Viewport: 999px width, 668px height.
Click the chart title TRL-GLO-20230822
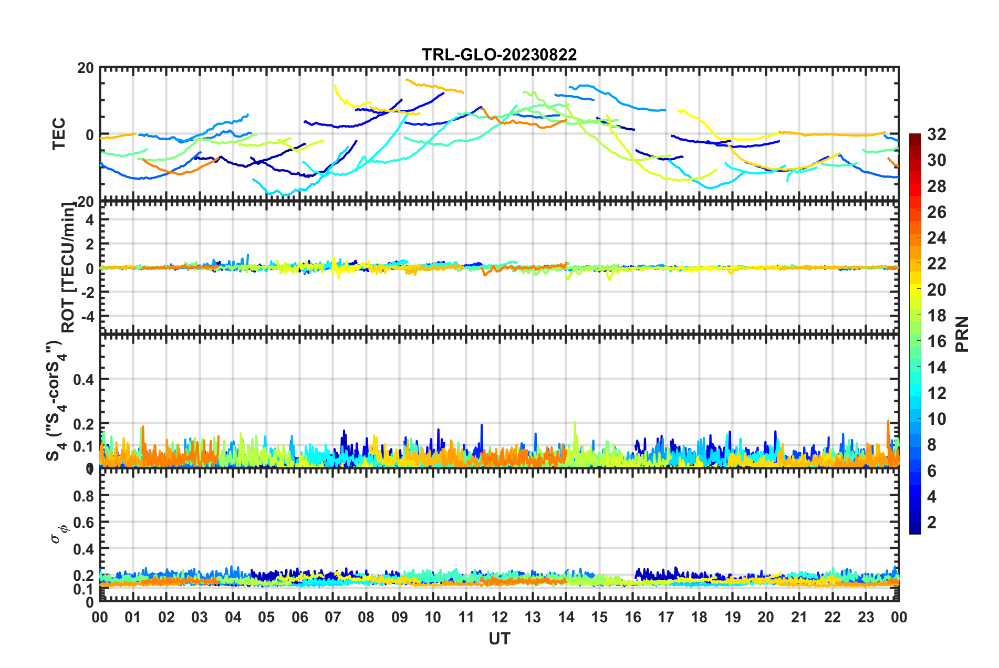coord(499,55)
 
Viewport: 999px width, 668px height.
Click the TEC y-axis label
coord(59,134)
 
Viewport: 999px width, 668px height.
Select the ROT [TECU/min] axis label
coord(68,268)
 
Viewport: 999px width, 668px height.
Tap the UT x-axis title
coord(499,639)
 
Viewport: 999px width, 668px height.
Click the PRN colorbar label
coord(962,335)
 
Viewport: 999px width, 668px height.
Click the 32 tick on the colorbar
coord(936,134)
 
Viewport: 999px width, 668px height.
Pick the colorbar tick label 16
coord(936,341)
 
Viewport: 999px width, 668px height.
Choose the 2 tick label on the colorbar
coord(932,523)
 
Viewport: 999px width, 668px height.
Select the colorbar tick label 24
coord(936,238)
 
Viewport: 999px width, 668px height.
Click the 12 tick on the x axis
coord(499,617)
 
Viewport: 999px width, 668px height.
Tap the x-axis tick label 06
coord(299,617)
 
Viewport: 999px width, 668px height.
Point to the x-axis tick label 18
coord(699,617)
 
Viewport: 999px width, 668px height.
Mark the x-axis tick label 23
coord(866,617)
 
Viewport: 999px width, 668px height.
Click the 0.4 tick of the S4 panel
coord(84,379)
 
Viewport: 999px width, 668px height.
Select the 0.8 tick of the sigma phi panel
coord(84,495)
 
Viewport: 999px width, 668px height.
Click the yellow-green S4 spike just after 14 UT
coord(575,423)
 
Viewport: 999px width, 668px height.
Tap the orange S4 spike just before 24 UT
coord(888,422)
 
